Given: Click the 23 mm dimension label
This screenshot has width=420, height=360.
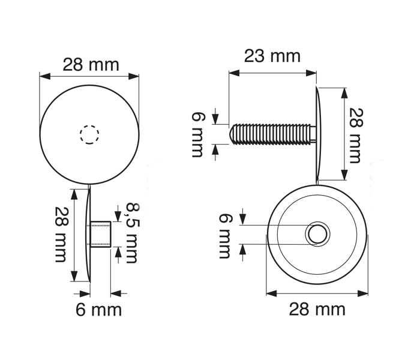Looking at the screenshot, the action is tap(272, 56).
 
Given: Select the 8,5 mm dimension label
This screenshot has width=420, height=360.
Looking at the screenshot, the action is tap(133, 233).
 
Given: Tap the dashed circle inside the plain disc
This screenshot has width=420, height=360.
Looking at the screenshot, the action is tap(89, 134).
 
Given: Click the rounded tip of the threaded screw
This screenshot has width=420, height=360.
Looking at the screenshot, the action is tap(233, 134).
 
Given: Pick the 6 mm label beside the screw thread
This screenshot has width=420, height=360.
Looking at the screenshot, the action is tap(198, 135).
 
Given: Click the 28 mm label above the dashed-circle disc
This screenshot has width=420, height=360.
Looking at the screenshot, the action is tap(91, 65).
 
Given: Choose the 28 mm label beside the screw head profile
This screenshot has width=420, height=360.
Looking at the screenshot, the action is tap(356, 136).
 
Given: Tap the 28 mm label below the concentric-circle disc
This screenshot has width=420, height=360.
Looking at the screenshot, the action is tap(317, 310).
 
